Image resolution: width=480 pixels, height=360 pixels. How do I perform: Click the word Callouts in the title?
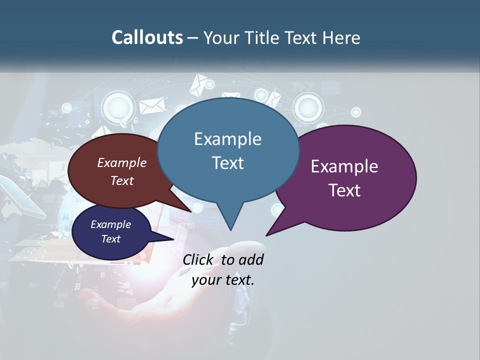[x=147, y=37]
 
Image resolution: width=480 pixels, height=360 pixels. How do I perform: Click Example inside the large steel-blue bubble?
[x=227, y=139]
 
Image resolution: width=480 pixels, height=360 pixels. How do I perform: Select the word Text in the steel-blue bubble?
[x=227, y=163]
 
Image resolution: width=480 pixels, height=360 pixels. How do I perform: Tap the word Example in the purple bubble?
[x=344, y=166]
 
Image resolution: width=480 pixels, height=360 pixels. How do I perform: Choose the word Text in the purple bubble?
[x=344, y=190]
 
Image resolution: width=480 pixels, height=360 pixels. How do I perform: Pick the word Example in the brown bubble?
[x=122, y=163]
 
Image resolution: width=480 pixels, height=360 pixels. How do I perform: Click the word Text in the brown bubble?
[x=122, y=180]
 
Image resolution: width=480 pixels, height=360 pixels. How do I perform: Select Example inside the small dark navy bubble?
[x=110, y=224]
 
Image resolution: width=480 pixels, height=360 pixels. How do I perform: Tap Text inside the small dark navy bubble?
[x=110, y=239]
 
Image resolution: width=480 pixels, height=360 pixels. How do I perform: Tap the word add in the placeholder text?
[x=250, y=259]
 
